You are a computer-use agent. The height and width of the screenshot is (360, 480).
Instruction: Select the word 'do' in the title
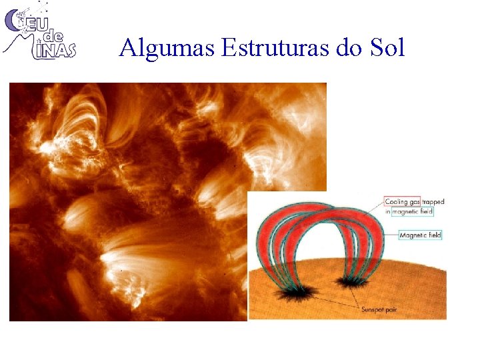coord(349,48)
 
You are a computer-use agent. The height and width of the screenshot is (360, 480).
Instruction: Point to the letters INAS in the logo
coord(59,50)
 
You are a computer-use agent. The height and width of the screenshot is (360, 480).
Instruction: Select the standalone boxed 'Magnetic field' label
coord(420,235)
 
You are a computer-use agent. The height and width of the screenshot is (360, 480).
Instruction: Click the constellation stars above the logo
coord(40,8)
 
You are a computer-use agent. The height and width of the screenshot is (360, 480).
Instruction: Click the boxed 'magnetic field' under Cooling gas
coord(413,211)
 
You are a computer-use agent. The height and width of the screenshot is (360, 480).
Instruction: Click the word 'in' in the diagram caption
coord(388,211)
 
